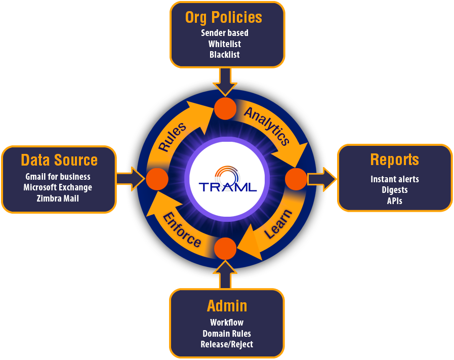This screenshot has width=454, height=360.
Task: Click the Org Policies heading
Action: pyautogui.click(x=224, y=17)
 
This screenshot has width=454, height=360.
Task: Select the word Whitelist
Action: pyautogui.click(x=224, y=44)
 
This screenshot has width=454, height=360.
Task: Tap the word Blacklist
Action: pyautogui.click(x=224, y=55)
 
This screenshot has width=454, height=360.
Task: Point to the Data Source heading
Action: pyautogui.click(x=59, y=160)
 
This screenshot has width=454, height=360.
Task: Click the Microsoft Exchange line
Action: pyautogui.click(x=58, y=187)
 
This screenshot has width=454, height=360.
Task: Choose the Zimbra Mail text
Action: pyautogui.click(x=58, y=198)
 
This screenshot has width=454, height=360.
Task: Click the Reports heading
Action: pyautogui.click(x=394, y=159)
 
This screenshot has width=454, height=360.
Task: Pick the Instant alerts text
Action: pyautogui.click(x=394, y=179)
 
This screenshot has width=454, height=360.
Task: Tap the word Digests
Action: pyautogui.click(x=394, y=190)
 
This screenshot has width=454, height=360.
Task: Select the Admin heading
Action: pyautogui.click(x=227, y=306)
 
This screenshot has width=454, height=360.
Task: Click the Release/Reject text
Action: pyautogui.click(x=227, y=344)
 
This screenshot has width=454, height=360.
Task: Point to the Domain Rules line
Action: pyautogui.click(x=227, y=334)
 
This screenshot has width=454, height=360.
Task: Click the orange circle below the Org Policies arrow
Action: pyautogui.click(x=225, y=109)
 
